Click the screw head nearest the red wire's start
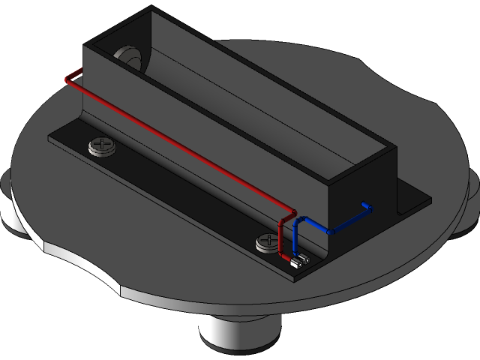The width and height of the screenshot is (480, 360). (x=103, y=146)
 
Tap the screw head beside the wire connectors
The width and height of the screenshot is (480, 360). (x=267, y=242)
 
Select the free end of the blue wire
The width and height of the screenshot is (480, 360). (x=367, y=205)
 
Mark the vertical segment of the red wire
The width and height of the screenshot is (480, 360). (x=282, y=236)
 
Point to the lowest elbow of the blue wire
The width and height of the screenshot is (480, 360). (x=330, y=232)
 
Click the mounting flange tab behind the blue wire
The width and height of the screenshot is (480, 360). (x=412, y=199)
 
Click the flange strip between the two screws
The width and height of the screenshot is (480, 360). (x=180, y=195)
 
